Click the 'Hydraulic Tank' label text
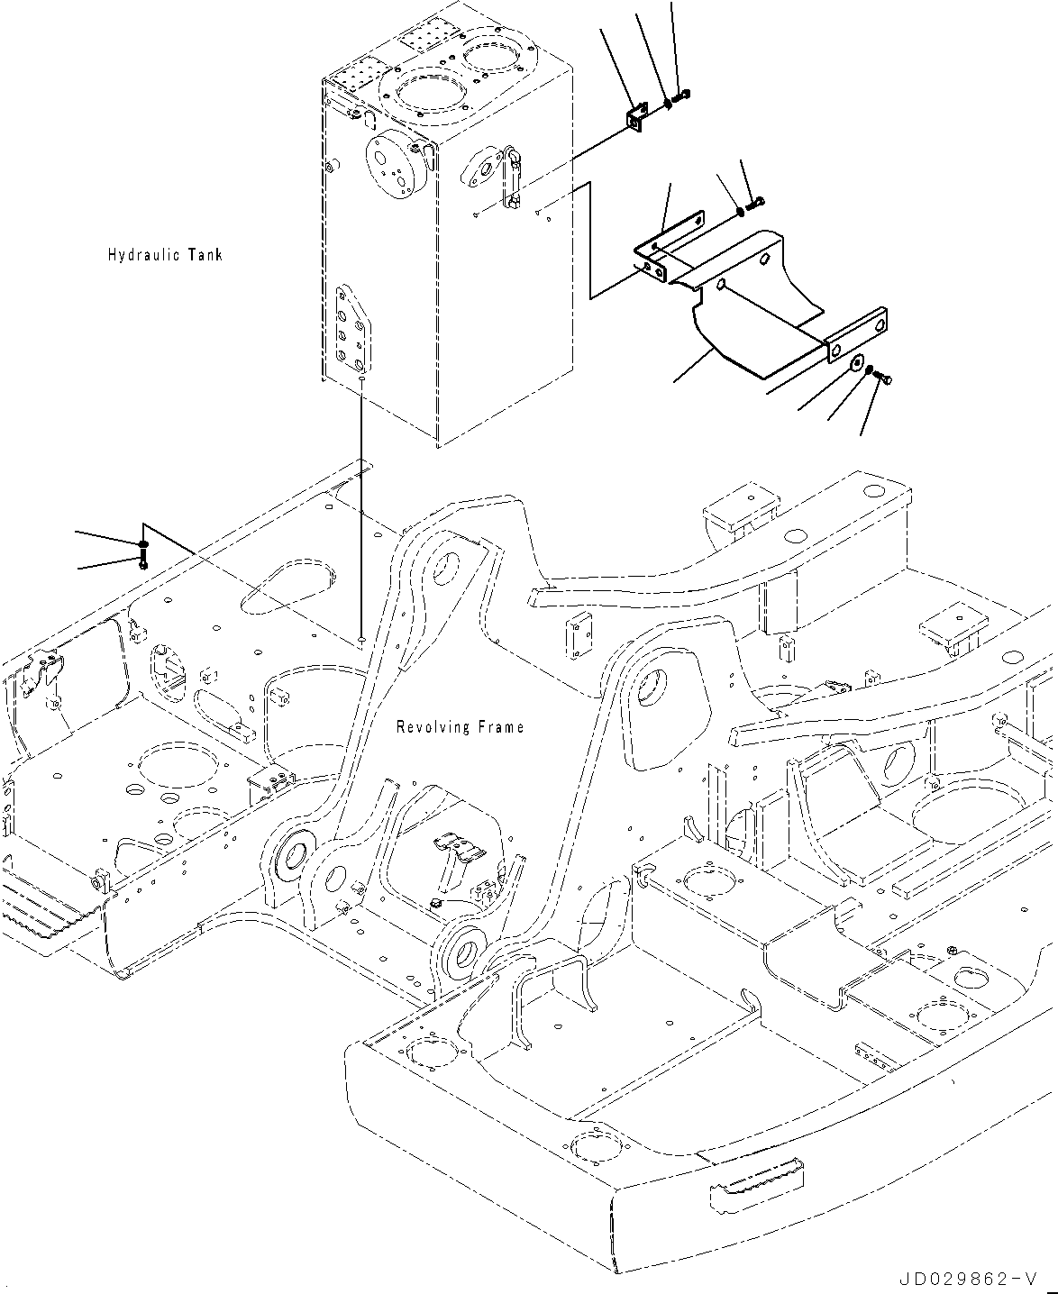(164, 255)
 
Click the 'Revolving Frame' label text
(460, 727)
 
